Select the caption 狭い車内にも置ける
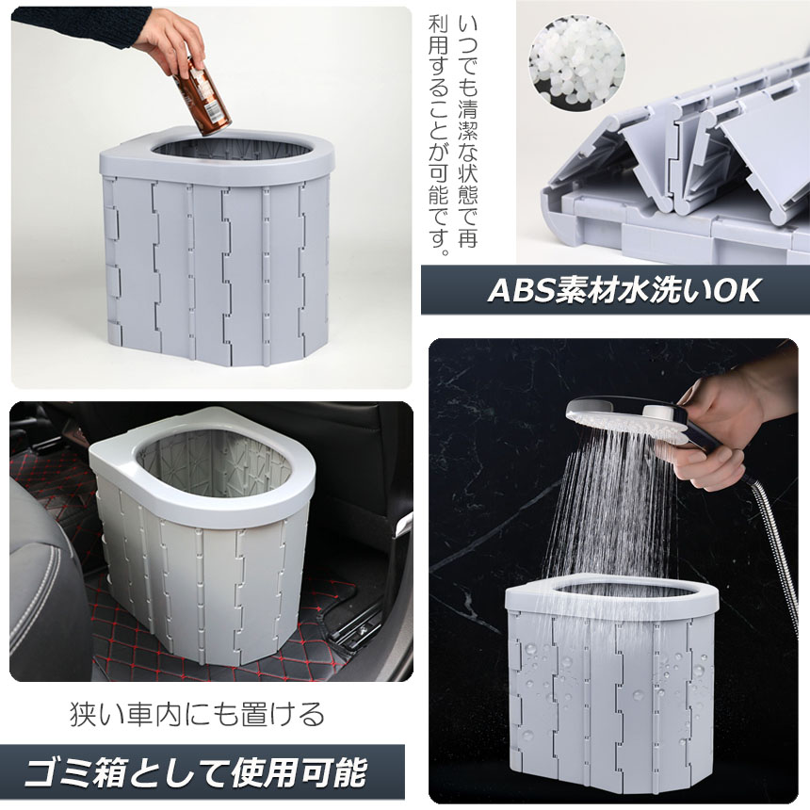pos(198,714)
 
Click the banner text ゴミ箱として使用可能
pos(196,773)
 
